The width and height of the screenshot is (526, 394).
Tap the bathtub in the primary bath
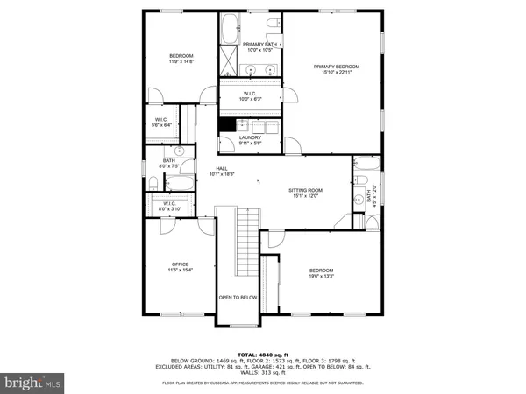tap(230, 28)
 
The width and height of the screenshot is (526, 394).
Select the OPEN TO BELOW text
tap(238, 297)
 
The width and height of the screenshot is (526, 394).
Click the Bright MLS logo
tap(33, 383)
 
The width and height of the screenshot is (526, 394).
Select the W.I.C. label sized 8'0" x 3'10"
tap(167, 207)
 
